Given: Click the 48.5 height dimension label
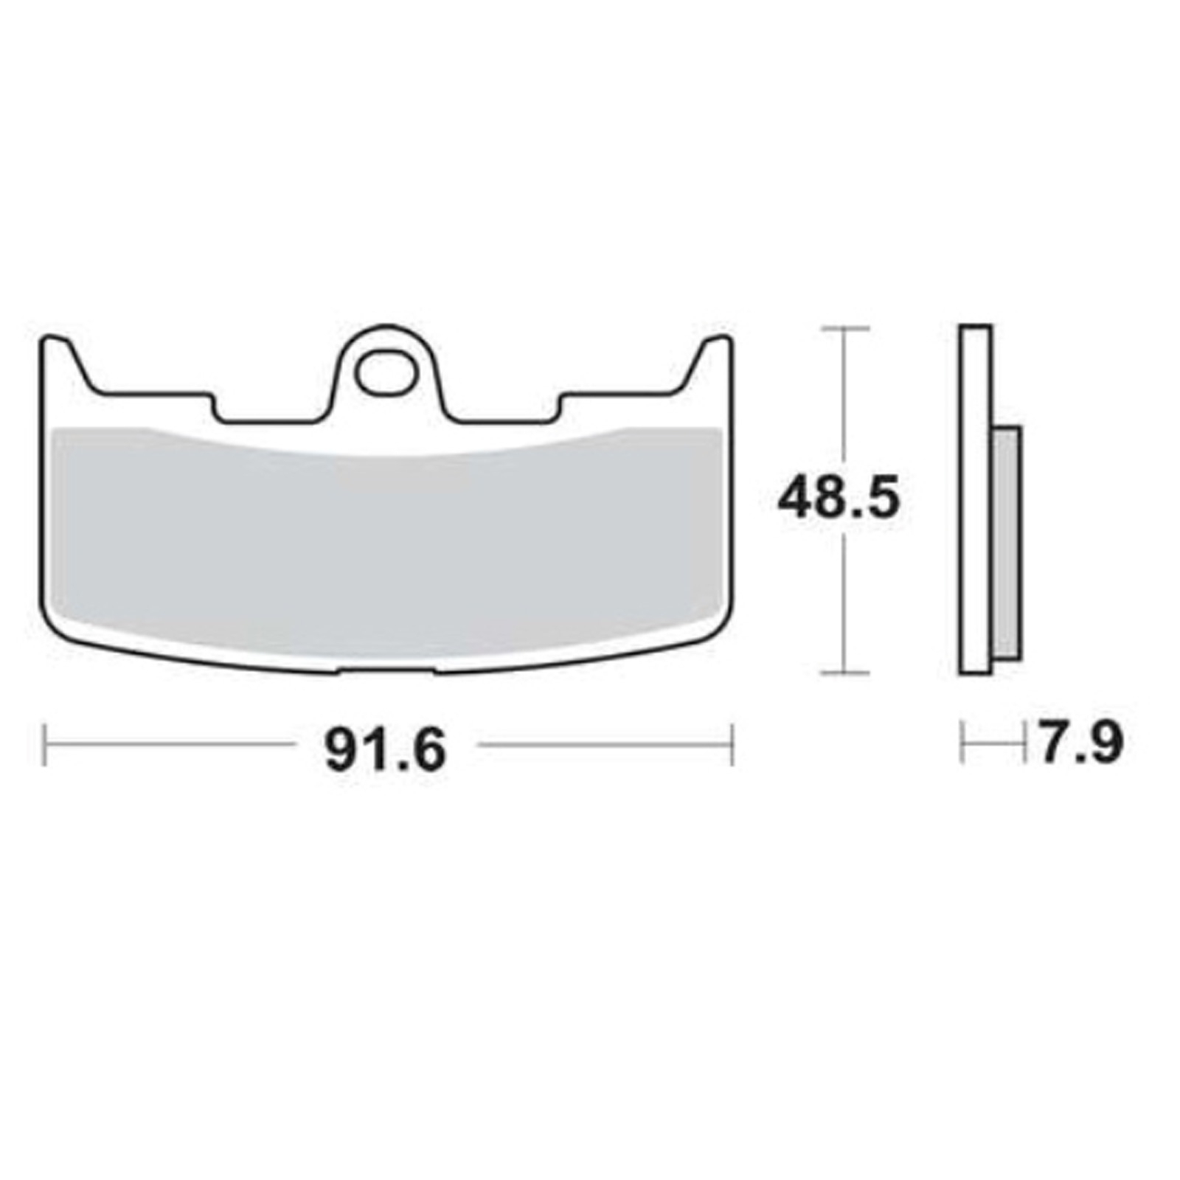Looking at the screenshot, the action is coord(839,499).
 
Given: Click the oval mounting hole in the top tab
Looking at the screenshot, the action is coord(384,372).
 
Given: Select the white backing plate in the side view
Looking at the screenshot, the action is coord(975,499).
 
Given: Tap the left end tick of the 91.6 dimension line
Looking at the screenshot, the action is coord(46,745).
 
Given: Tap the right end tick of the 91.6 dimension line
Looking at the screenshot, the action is coord(732,745).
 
